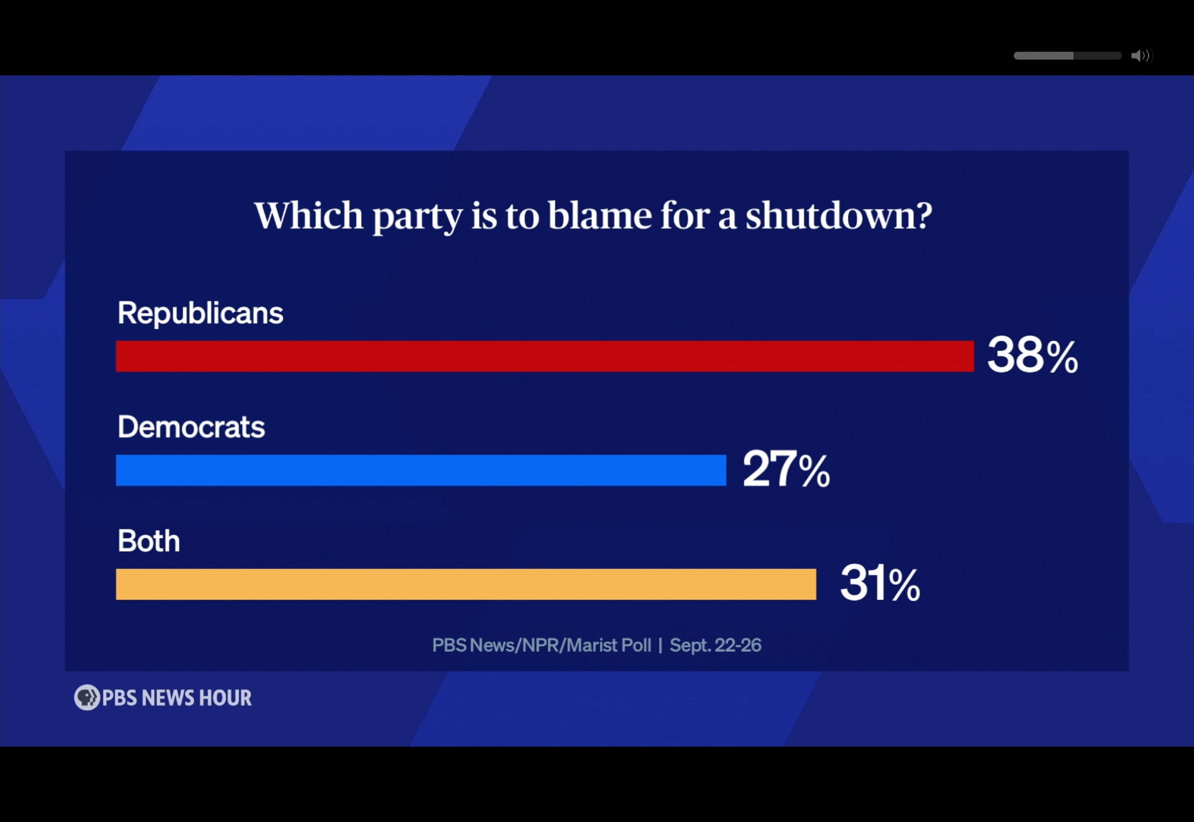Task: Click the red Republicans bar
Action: pos(544,356)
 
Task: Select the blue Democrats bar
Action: pos(421,470)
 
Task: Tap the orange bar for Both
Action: pos(466,584)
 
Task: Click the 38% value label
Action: pos(1032,356)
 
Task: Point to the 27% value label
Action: pos(786,470)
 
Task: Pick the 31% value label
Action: pos(880,584)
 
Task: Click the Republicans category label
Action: pos(201,313)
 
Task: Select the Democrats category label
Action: pos(191,427)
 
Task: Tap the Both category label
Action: pos(149,541)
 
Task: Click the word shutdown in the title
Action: pos(830,215)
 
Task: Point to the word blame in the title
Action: pos(600,215)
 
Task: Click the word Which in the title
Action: pos(309,215)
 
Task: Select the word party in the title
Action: pos(417,217)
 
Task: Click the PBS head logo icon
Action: pos(87,697)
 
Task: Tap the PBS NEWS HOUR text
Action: pos(177,698)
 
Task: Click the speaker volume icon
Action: pos(1140,56)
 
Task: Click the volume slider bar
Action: pos(1067,56)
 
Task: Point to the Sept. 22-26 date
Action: pos(715,645)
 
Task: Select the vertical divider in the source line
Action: pos(660,645)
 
